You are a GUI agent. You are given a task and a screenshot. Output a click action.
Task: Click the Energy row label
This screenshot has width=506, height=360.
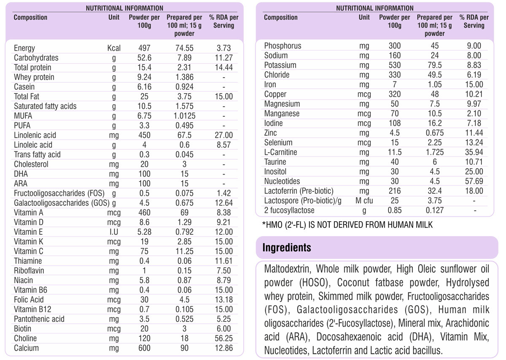[24, 48]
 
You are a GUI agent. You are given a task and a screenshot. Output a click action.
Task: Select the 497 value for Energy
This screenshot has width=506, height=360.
[144, 48]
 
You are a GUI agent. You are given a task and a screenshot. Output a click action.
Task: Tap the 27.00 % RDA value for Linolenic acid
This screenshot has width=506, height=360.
[223, 135]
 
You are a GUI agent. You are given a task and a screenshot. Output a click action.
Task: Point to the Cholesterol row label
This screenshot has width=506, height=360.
[31, 164]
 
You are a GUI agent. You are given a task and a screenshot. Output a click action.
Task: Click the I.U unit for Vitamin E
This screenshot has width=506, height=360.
[114, 232]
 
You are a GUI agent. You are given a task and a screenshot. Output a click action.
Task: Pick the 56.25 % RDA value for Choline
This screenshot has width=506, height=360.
[223, 339]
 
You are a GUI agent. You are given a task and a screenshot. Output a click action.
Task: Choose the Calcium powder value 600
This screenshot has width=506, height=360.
[144, 348]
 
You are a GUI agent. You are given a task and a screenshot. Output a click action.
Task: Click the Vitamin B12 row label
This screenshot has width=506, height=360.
[32, 309]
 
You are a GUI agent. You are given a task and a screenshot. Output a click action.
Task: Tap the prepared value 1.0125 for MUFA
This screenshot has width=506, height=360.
[184, 116]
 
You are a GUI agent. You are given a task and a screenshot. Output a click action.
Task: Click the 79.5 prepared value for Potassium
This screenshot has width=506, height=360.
[434, 65]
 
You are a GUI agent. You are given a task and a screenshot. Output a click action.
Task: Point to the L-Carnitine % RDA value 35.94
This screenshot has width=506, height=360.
[474, 152]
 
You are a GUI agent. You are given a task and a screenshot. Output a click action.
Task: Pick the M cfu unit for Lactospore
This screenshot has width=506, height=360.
[364, 201]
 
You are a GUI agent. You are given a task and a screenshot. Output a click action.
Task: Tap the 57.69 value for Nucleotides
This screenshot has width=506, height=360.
[474, 181]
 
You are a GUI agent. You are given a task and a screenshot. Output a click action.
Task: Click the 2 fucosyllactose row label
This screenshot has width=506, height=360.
[289, 210]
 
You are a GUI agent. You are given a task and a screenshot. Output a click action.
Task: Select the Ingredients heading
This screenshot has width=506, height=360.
[287, 247]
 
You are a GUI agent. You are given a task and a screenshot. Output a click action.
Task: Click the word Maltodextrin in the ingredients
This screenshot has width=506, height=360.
[288, 269]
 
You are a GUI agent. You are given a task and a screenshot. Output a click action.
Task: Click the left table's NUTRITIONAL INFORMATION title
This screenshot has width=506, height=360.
[124, 8]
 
